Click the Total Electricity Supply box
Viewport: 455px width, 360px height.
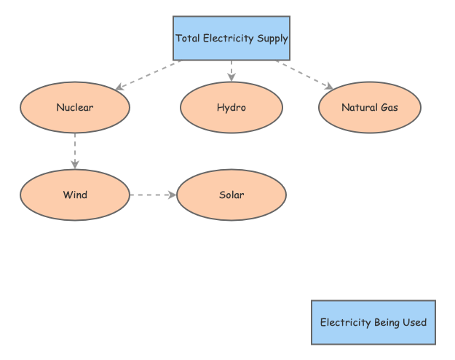point(232,38)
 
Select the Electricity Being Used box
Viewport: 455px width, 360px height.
point(373,322)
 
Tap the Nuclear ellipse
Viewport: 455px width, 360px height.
point(75,108)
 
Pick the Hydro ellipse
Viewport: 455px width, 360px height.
point(232,108)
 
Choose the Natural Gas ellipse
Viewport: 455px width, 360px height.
point(370,108)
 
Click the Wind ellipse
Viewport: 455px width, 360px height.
point(75,195)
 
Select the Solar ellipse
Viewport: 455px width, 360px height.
point(232,195)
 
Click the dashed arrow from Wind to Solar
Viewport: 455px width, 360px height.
point(153,195)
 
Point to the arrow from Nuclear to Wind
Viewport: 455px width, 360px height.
point(75,151)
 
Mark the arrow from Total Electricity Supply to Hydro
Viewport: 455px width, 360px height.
point(232,71)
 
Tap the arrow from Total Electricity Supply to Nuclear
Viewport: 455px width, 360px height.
point(149,75)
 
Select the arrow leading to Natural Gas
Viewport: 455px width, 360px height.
point(304,75)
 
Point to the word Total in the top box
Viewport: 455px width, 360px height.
point(187,38)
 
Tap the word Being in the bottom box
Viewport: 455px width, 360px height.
point(385,323)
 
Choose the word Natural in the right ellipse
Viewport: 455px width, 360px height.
point(359,108)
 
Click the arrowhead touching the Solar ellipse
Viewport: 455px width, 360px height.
point(173,195)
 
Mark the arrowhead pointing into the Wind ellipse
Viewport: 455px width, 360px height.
point(75,165)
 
